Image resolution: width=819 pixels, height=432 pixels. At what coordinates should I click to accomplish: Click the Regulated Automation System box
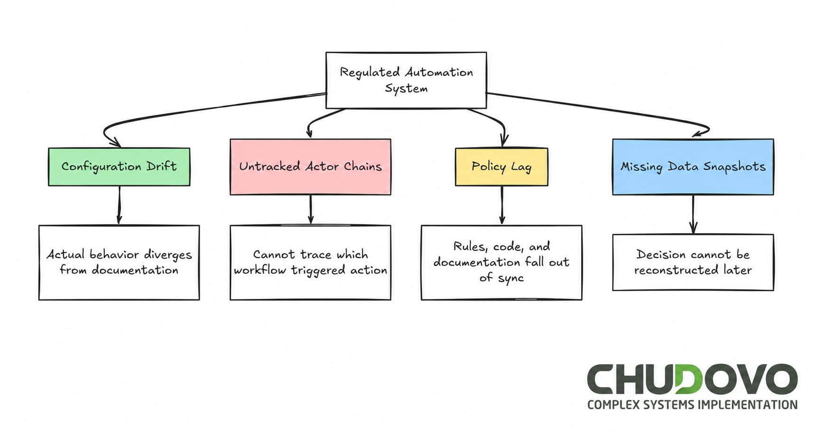[406, 80]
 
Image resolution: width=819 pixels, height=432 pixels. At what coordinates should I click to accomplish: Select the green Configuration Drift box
[119, 166]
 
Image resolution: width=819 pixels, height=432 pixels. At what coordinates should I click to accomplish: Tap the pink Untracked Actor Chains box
[310, 166]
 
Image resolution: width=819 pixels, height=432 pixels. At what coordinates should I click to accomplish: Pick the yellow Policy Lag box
[501, 166]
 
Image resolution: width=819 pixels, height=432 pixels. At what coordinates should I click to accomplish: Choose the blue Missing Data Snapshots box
[693, 166]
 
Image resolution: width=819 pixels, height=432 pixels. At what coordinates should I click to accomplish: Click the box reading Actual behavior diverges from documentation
[119, 262]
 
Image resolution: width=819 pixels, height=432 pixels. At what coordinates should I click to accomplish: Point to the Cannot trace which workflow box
[310, 262]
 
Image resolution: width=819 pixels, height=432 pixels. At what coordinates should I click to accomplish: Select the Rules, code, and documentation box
[501, 262]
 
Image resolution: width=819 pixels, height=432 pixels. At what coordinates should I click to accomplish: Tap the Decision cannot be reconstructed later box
[693, 262]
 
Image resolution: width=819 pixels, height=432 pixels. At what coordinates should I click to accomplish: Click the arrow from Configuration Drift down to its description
[119, 205]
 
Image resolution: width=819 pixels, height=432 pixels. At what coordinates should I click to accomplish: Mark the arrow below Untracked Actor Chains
[310, 209]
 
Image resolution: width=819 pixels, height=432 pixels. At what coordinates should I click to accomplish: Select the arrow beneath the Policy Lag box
[502, 205]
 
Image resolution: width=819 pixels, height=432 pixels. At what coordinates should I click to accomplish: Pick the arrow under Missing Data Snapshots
[693, 214]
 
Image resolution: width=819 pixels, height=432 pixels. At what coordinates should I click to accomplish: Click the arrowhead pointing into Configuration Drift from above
[115, 143]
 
